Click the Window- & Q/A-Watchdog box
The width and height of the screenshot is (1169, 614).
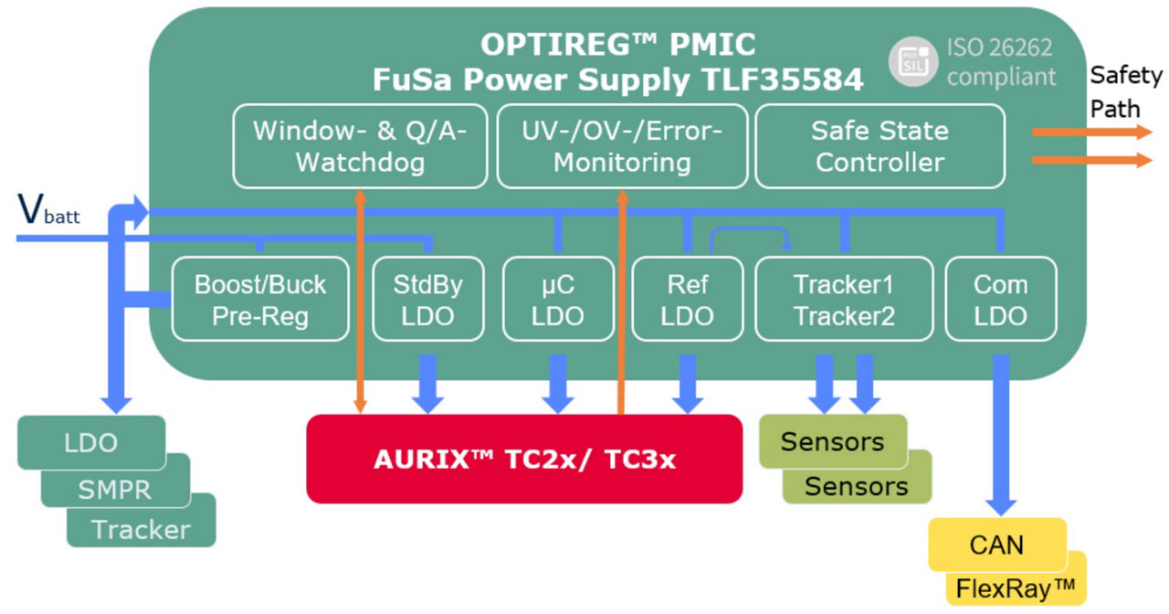360,146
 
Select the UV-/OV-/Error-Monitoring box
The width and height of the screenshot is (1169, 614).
622,146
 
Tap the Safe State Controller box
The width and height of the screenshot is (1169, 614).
879,146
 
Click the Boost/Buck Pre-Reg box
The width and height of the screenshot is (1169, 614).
260,300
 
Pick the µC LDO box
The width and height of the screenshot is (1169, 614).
557,300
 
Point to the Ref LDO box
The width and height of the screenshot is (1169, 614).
686,300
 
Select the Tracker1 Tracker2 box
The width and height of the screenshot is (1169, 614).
843,300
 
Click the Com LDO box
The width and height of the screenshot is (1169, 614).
1000,300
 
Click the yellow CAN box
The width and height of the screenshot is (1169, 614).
996,545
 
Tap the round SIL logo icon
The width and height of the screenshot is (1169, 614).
912,62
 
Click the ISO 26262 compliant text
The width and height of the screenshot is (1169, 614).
1000,62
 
